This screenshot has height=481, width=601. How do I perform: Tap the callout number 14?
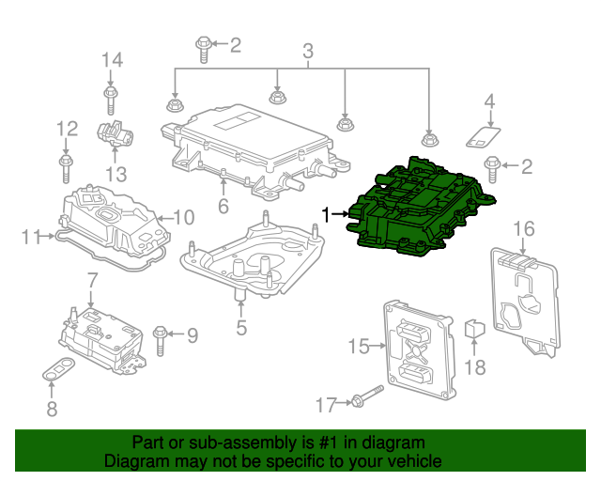coord(112,60)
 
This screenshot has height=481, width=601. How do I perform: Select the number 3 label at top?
coord(307,51)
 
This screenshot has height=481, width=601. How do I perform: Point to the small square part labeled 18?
coord(475,329)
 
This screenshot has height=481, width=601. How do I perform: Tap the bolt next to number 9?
coord(161,334)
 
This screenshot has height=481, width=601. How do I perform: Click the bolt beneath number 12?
coord(66,169)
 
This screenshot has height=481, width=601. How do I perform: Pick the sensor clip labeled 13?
coord(115,135)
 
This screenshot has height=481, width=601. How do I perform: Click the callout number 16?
coord(523,229)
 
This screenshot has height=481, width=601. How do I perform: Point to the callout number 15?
coord(359,347)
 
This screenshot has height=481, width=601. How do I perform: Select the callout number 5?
coord(241,328)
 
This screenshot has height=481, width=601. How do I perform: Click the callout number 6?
coord(223,206)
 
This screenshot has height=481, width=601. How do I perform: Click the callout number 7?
coord(91,280)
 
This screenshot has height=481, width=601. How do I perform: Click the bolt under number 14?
coord(111,97)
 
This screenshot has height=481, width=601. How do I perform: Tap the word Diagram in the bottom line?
coord(135,462)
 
